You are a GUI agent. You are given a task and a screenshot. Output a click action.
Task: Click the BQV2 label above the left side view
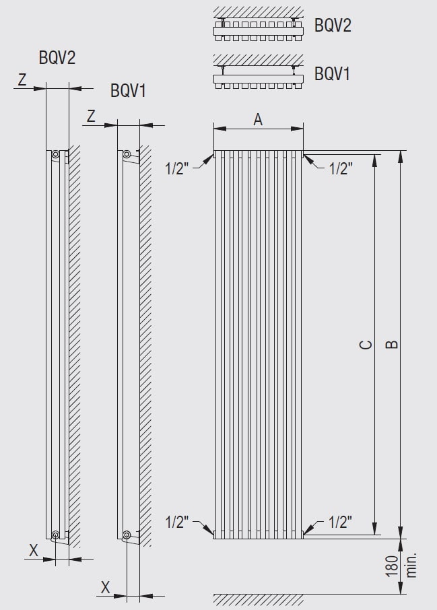coord(57,58)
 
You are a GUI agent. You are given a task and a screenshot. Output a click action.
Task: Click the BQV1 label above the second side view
coord(128,91)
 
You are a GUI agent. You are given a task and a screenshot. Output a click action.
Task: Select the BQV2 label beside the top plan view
coord(333,26)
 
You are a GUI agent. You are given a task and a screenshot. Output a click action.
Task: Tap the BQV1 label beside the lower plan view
coord(333,73)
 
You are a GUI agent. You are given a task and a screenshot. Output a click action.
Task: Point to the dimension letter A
coord(258,119)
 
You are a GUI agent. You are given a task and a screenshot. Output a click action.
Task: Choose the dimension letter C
coord(366,345)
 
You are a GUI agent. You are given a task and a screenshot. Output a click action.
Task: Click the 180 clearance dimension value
coord(393,566)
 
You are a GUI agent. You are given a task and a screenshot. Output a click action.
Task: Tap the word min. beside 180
coord(411,564)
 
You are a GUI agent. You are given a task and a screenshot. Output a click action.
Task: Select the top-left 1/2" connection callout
coord(176,169)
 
